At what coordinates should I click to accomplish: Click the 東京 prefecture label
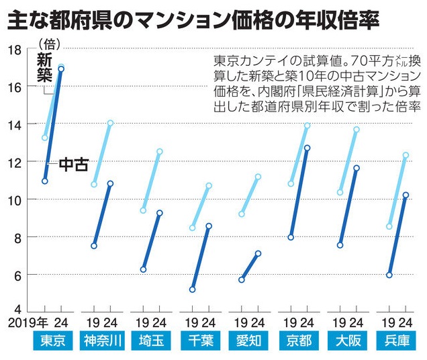coord(52,341)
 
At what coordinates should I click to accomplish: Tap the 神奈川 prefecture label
coord(101,341)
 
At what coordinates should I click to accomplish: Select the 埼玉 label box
coord(150,341)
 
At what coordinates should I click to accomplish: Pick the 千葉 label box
coord(199,341)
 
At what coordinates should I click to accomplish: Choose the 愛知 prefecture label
coord(248,341)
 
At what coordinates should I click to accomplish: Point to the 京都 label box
coord(298,341)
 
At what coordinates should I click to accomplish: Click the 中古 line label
coord(73,163)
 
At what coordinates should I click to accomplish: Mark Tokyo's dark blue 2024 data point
coord(61,69)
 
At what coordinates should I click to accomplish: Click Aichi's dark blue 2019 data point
coord(242,279)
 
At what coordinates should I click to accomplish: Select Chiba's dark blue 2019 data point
coord(193,290)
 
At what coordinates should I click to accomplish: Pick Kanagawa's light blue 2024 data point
coord(110,123)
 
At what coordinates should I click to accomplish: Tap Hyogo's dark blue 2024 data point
coord(406,195)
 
